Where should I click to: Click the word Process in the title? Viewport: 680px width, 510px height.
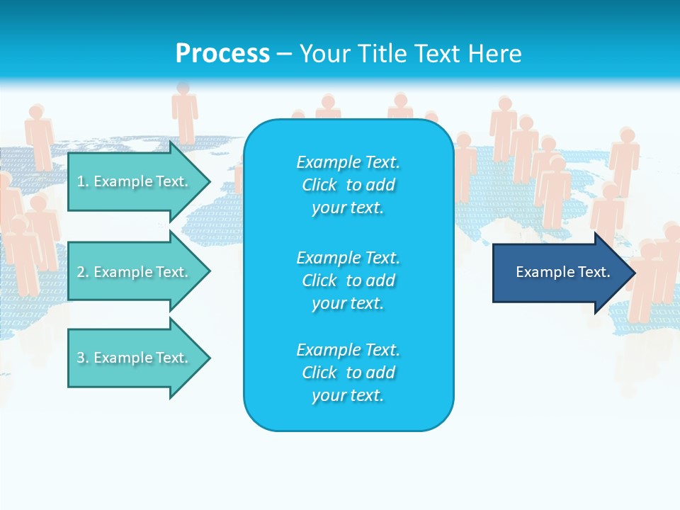pos(222,54)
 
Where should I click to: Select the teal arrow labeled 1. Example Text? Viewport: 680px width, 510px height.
pos(135,181)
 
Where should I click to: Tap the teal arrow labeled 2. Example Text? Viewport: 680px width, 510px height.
pos(135,272)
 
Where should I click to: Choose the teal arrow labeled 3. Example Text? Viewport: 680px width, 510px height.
pos(135,358)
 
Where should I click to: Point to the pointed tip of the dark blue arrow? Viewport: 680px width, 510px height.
pos(633,273)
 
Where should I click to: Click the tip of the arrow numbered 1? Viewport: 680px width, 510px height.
pos(208,181)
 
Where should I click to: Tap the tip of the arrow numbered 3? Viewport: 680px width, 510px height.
pos(208,358)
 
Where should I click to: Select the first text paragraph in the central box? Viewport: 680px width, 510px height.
pos(348,185)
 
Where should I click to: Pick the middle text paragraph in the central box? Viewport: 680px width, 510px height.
pos(348,280)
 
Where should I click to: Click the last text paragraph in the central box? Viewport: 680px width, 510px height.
pos(348,373)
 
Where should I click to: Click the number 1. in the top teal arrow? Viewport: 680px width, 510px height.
pos(83,181)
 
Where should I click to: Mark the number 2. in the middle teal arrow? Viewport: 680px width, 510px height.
pos(83,272)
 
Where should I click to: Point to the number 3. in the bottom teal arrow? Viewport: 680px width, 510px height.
pos(83,358)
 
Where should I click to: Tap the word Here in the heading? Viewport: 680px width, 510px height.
pos(496,54)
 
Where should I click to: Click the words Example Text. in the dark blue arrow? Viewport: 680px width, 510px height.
pos(562,272)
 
